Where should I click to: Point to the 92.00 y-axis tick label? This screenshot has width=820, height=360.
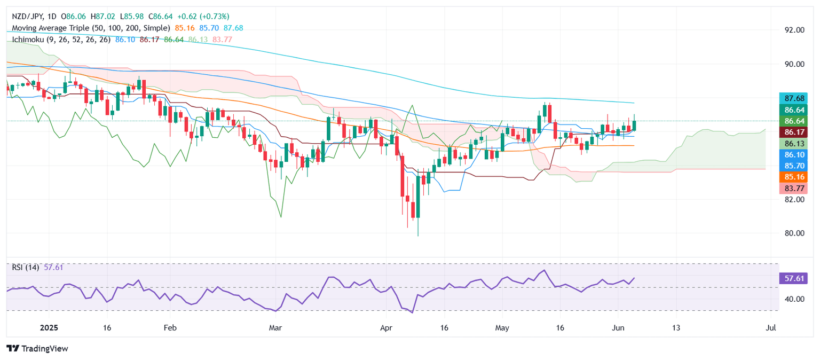click(793, 30)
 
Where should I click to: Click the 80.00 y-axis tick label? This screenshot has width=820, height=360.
click(793, 233)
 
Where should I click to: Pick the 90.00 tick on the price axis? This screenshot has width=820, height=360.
click(793, 64)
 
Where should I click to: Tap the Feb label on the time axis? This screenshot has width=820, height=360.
click(170, 328)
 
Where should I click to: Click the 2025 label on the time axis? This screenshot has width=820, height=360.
click(48, 328)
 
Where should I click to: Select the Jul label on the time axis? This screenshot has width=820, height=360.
click(770, 328)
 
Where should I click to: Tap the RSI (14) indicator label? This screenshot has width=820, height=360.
click(25, 268)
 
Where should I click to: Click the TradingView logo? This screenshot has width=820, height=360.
click(38, 349)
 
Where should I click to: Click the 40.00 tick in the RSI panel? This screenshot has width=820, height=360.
click(793, 299)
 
